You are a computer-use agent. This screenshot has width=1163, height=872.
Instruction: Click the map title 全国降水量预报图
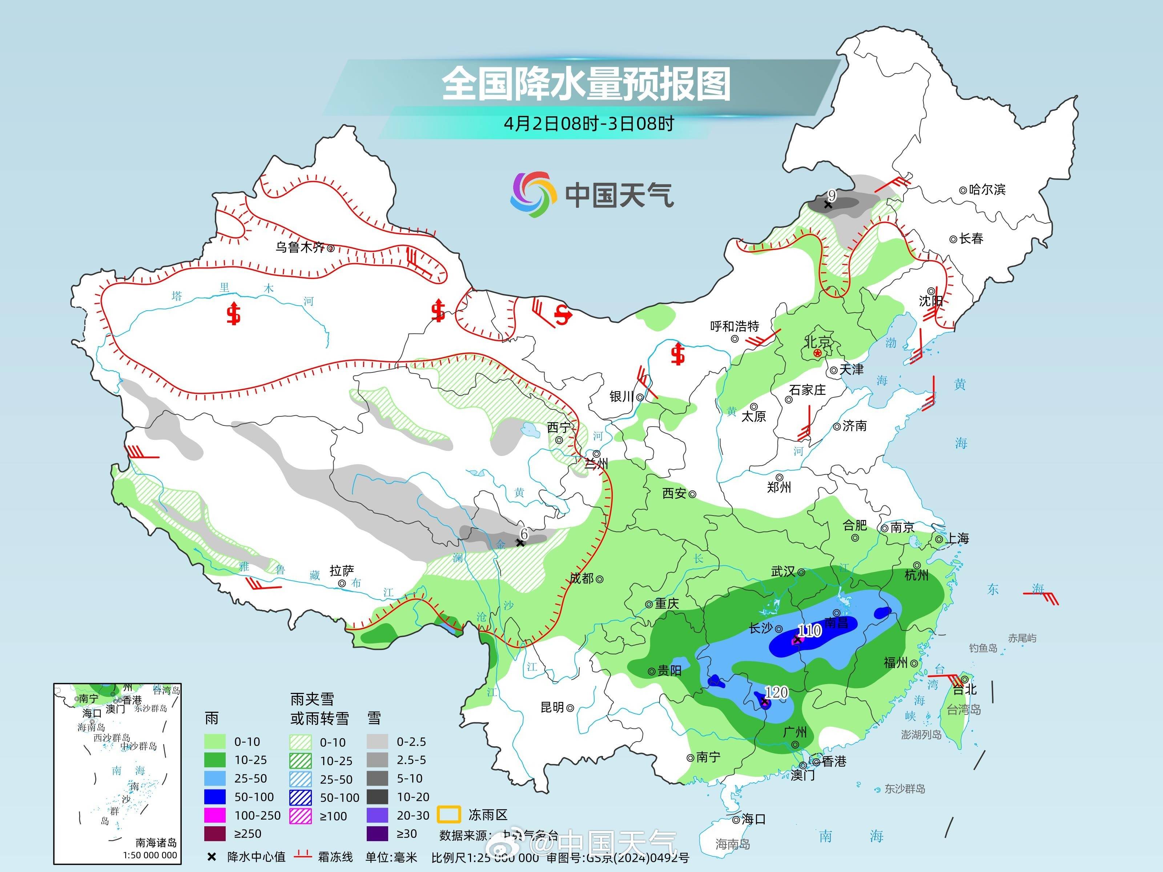[x=586, y=84]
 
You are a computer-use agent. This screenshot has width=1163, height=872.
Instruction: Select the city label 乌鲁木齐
[x=300, y=247]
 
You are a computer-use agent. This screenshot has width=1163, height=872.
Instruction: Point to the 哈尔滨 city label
[x=987, y=189]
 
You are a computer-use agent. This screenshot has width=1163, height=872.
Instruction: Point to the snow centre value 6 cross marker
[x=520, y=542]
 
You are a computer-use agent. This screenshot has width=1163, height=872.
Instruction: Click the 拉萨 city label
[x=342, y=571]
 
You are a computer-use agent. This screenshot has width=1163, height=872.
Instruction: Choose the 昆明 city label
[x=552, y=707]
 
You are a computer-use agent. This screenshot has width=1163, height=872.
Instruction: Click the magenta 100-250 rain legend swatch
[x=214, y=815]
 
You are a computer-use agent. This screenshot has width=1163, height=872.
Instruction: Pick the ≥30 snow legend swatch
[x=378, y=833]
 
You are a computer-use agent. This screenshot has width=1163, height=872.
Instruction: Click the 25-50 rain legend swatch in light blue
[x=214, y=778]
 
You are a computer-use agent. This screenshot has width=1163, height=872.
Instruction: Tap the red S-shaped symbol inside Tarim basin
[x=233, y=314]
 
